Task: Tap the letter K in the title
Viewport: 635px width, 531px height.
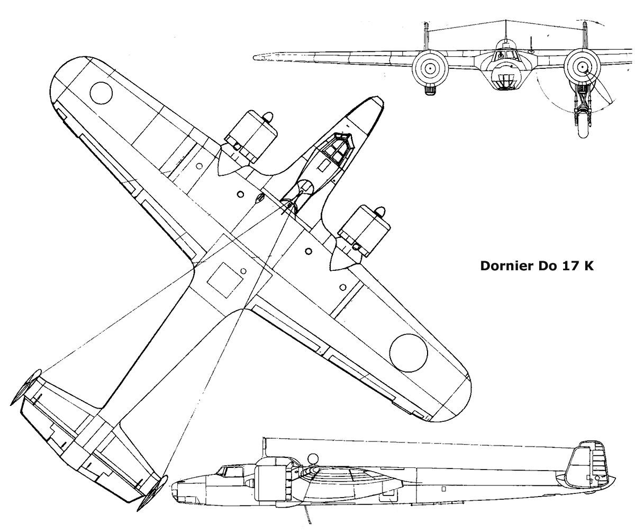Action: tap(588, 266)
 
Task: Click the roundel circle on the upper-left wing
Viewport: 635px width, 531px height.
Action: tap(101, 93)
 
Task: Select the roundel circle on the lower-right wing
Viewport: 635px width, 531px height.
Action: tap(409, 353)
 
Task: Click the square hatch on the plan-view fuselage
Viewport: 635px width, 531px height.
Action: tap(225, 280)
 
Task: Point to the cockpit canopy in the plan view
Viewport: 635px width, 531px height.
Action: tap(337, 148)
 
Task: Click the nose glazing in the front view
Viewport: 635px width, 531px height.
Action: tap(504, 81)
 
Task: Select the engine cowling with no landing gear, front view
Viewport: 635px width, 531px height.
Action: tap(430, 68)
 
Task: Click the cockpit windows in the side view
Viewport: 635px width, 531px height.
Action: tap(229, 471)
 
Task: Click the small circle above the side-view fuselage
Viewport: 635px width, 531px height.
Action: tap(313, 458)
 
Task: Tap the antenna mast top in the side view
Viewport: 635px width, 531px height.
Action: tap(264, 439)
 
